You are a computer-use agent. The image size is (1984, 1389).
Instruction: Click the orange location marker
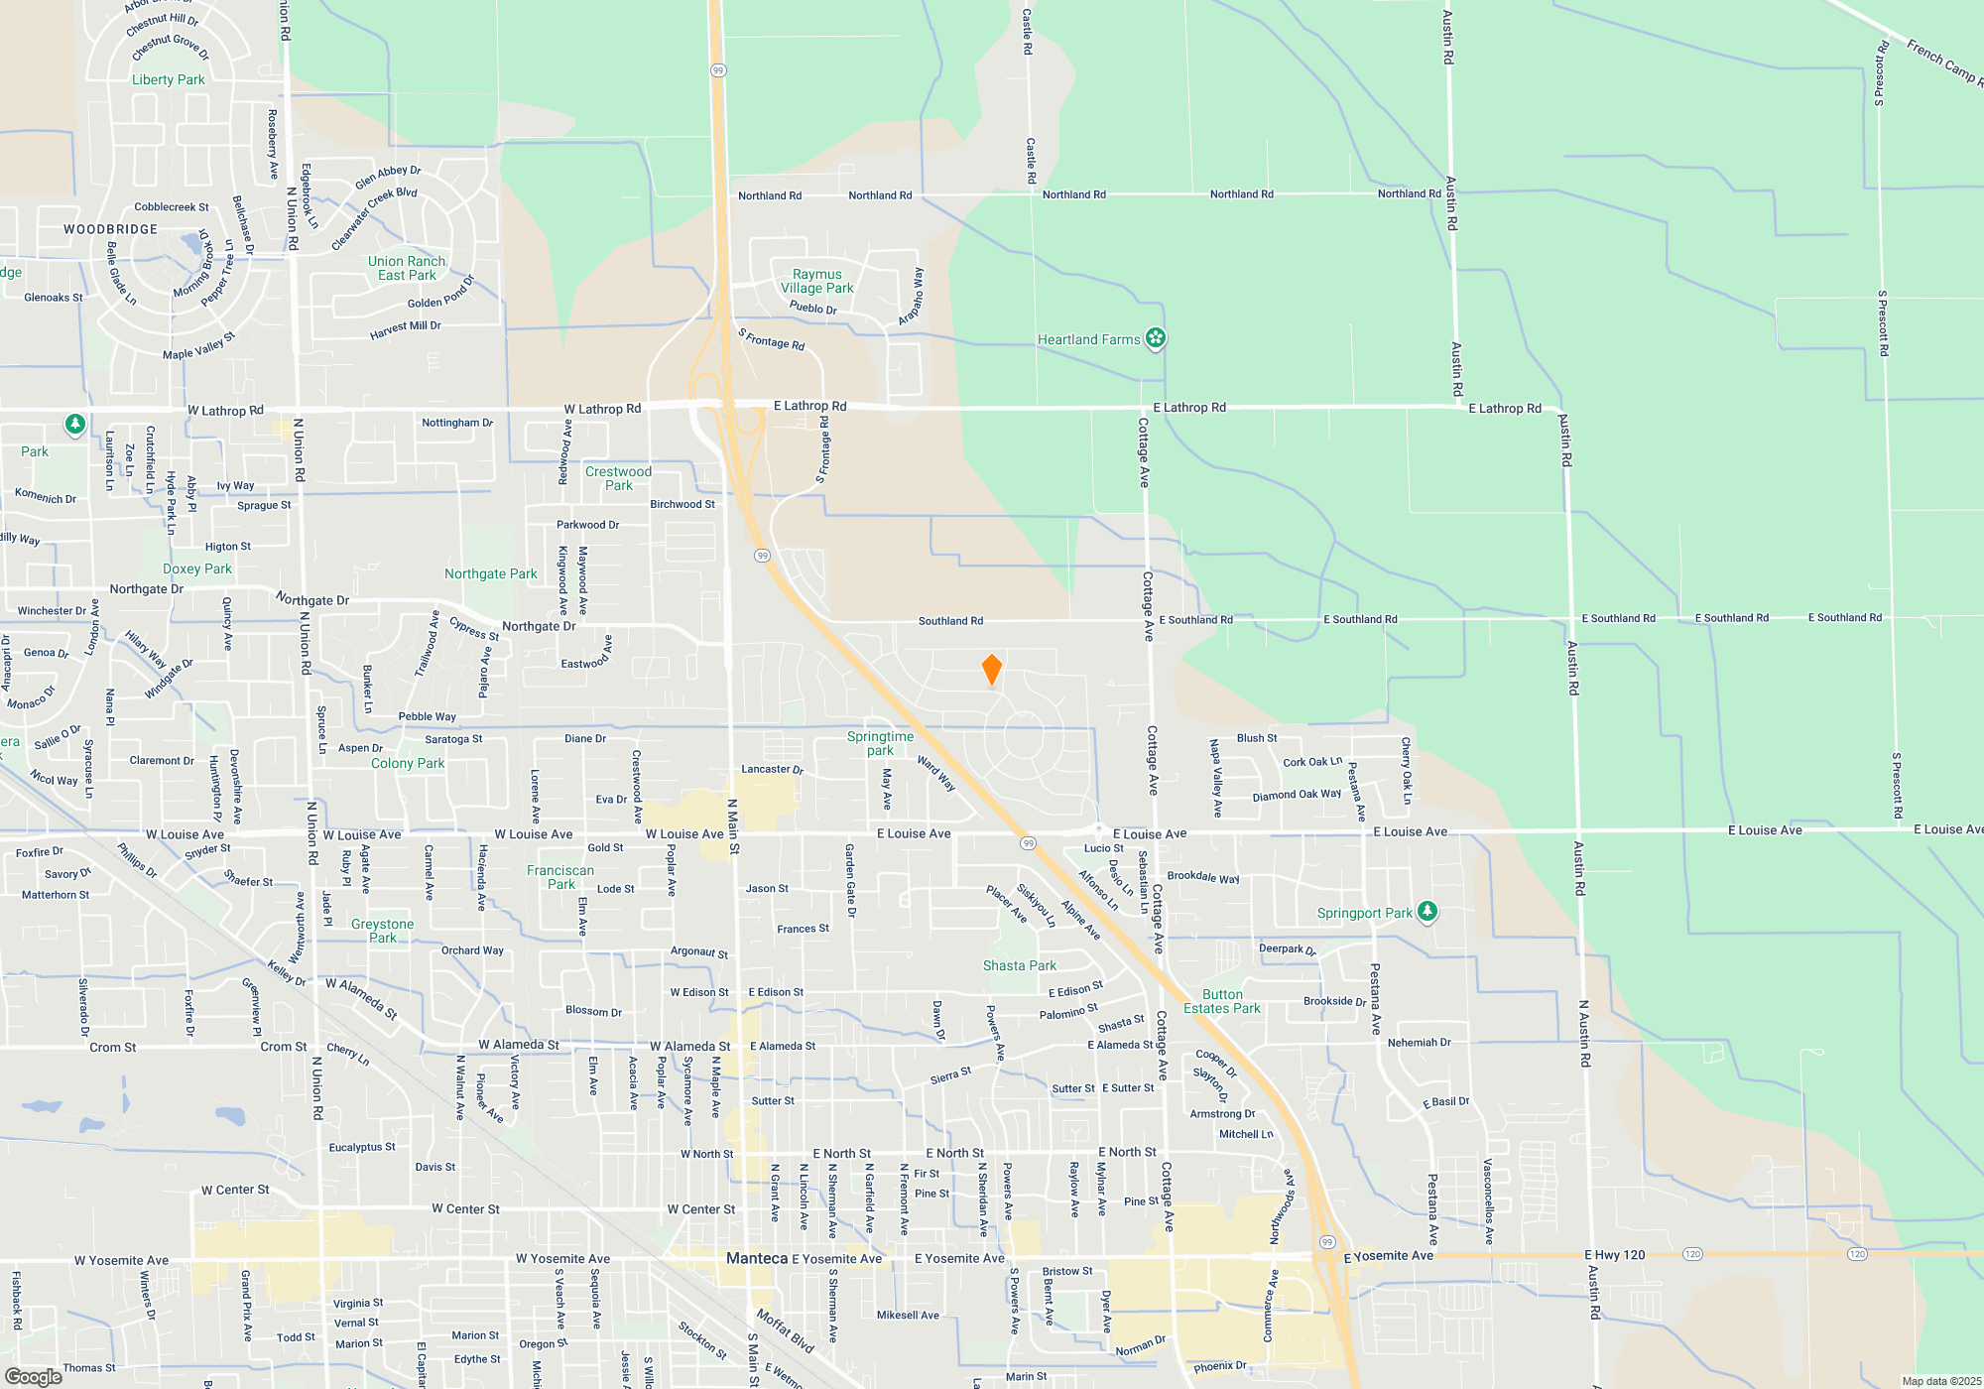point(991,670)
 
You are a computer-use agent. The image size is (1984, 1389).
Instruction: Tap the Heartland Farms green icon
point(1155,338)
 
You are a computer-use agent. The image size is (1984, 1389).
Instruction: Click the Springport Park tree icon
point(1426,911)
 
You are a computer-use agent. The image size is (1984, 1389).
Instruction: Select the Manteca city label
point(757,1258)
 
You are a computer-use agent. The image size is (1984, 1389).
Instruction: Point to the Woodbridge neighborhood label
point(110,229)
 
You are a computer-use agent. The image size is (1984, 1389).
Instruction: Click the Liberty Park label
point(169,79)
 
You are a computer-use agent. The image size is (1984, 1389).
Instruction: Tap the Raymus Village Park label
point(816,281)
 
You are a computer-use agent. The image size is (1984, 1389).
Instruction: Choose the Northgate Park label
point(490,573)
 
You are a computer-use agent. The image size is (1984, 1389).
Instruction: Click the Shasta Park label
point(1019,965)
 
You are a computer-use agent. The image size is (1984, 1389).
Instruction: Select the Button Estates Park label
point(1221,1001)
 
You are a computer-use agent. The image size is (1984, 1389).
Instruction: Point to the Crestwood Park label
point(618,478)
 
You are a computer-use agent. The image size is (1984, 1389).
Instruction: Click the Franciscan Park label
point(560,877)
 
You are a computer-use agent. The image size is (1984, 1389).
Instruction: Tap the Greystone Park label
point(382,931)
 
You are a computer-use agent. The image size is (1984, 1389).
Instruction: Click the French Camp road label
point(1942,62)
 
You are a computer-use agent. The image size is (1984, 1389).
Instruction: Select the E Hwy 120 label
point(1614,1255)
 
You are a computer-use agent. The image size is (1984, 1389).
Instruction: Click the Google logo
point(34,1376)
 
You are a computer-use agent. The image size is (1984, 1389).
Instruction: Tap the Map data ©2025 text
point(1940,1381)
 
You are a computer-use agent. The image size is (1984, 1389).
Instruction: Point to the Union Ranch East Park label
point(407,268)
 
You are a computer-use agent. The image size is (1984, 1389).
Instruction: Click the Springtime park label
point(880,743)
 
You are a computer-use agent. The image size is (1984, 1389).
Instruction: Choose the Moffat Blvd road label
point(785,1330)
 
